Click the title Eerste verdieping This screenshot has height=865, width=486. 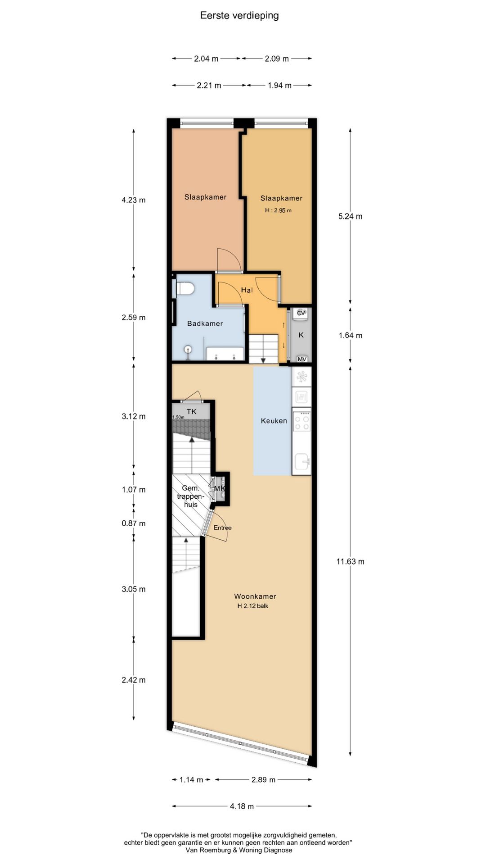pyautogui.click(x=239, y=16)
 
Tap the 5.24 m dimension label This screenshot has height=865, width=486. pyautogui.click(x=350, y=216)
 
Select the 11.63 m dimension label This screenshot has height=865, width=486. pyautogui.click(x=350, y=561)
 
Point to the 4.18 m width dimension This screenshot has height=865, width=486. pyautogui.click(x=242, y=806)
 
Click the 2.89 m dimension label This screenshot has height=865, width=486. pyautogui.click(x=264, y=779)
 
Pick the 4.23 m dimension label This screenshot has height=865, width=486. pyautogui.click(x=134, y=200)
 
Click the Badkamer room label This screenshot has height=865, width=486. pyautogui.click(x=205, y=323)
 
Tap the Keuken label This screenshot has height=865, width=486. pyautogui.click(x=274, y=421)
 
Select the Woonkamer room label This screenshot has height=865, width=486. pyautogui.click(x=255, y=596)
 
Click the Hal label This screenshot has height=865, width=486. pyautogui.click(x=247, y=290)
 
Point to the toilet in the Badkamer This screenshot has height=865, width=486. pyautogui.click(x=184, y=288)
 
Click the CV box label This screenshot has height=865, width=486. pyautogui.click(x=301, y=313)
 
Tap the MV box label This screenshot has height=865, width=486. pyautogui.click(x=302, y=359)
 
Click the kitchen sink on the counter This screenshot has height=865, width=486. pyautogui.click(x=301, y=462)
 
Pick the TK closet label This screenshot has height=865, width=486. pyautogui.click(x=192, y=411)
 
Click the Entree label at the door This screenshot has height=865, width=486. pyautogui.click(x=223, y=528)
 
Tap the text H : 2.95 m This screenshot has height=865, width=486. pyautogui.click(x=278, y=210)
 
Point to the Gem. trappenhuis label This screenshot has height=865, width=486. pyautogui.click(x=191, y=496)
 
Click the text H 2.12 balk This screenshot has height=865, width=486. pyautogui.click(x=253, y=606)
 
